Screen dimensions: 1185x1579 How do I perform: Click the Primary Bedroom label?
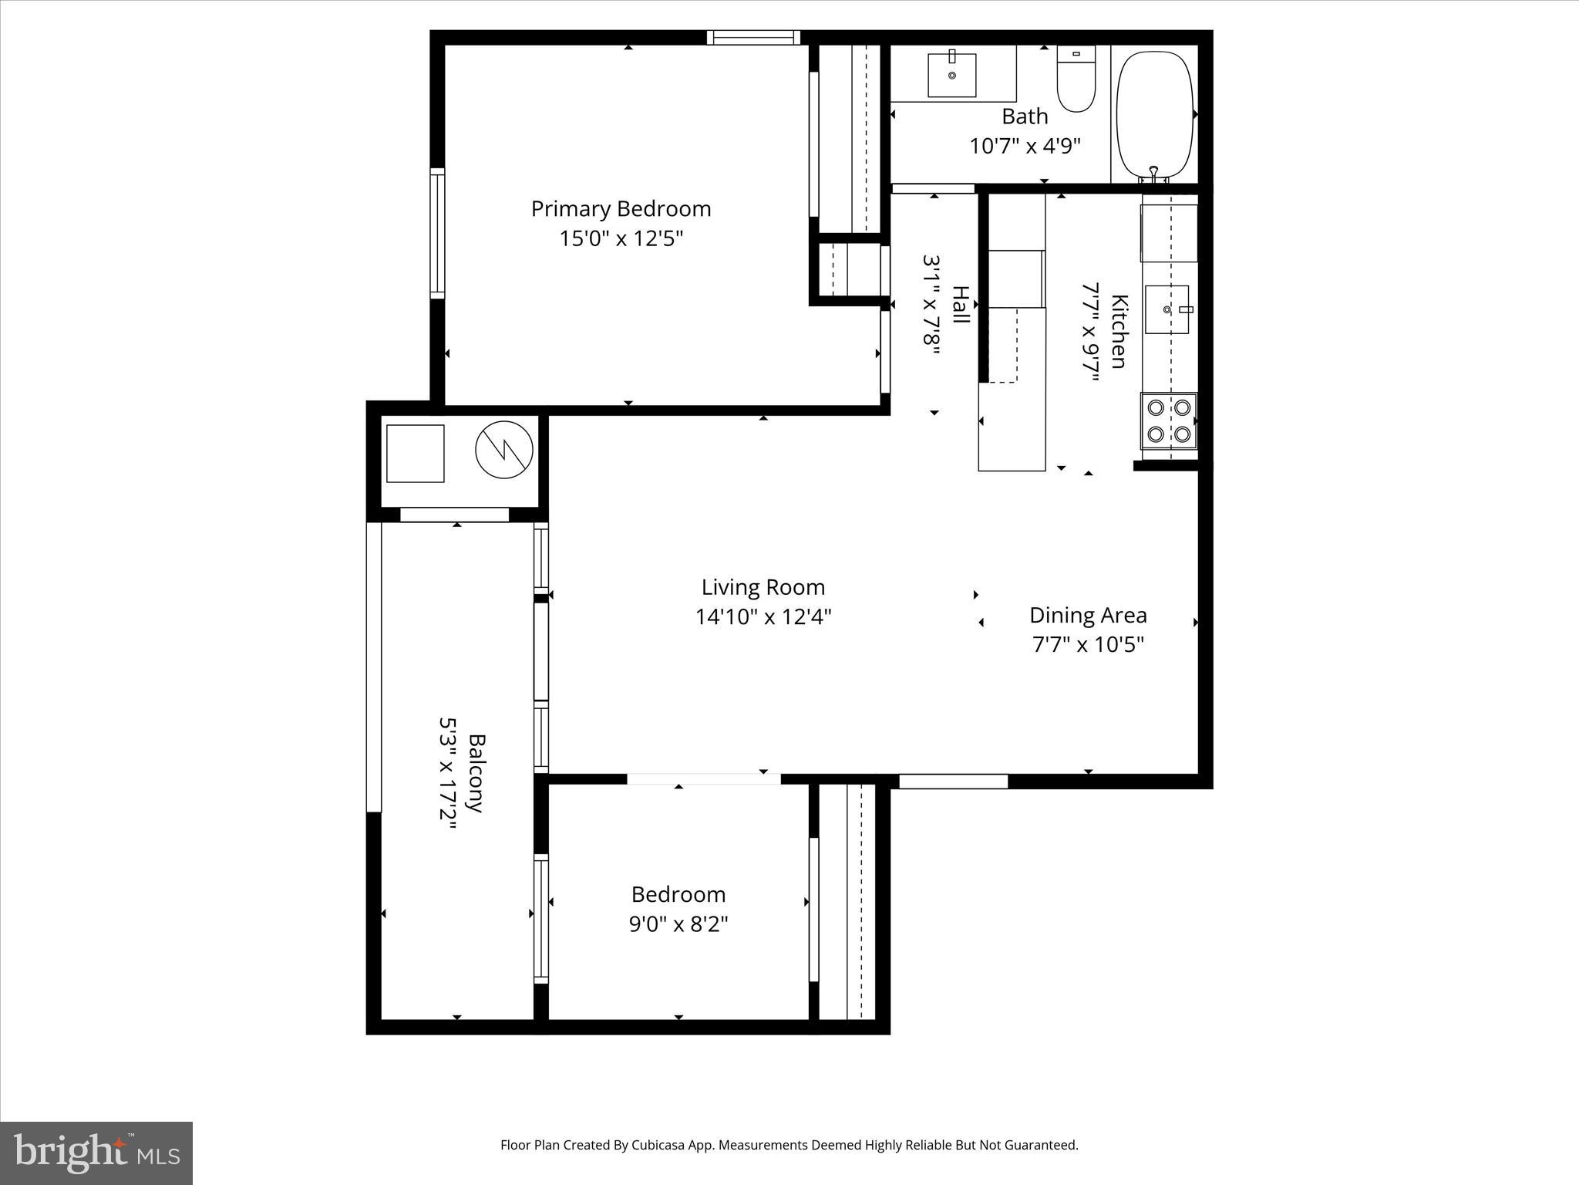coord(621,209)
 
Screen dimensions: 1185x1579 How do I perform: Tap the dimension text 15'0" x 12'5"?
coord(621,238)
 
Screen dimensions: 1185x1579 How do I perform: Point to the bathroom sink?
coord(952,75)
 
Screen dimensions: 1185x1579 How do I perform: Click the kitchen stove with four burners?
coord(1168,421)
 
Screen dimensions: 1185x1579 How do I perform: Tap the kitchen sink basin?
coord(1167,309)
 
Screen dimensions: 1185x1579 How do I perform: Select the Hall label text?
coord(961,305)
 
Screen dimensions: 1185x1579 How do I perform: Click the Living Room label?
coord(763,588)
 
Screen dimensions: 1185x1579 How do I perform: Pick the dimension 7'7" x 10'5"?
coord(1088,644)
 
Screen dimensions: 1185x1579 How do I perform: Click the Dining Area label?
coord(1088,616)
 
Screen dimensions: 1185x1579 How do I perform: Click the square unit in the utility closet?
coord(415,454)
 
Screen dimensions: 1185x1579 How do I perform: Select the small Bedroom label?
coord(678,895)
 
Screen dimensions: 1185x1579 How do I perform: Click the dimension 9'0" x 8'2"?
coord(678,923)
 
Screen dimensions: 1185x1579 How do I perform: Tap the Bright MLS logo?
coord(96,1153)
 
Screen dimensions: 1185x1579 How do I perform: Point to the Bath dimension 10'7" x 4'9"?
coord(1025,146)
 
